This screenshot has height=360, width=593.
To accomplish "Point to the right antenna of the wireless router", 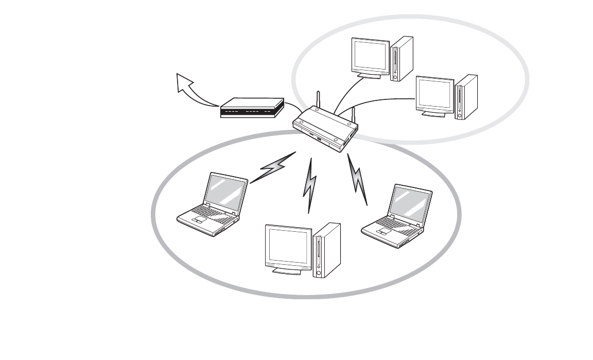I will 354,116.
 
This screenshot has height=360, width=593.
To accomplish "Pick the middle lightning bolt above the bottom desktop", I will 310,185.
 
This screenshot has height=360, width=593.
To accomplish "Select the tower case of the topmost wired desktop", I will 402,58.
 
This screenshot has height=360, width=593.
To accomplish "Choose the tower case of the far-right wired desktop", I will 467,97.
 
